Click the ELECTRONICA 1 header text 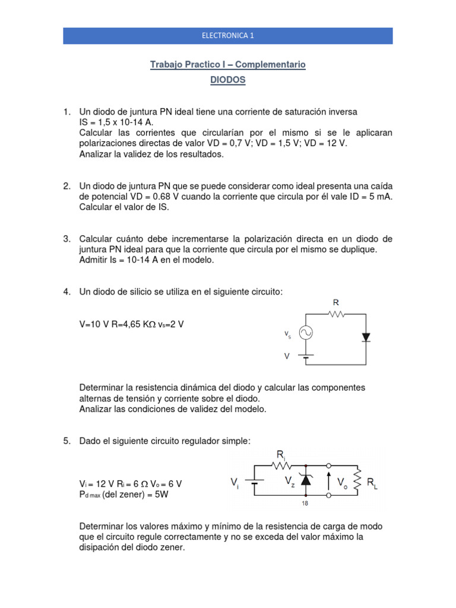tap(228, 36)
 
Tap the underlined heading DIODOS tap(228, 80)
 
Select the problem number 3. tap(67, 239)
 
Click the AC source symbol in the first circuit tap(306, 334)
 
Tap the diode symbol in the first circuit tap(366, 337)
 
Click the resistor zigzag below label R tap(337, 315)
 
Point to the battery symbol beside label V tap(306, 357)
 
